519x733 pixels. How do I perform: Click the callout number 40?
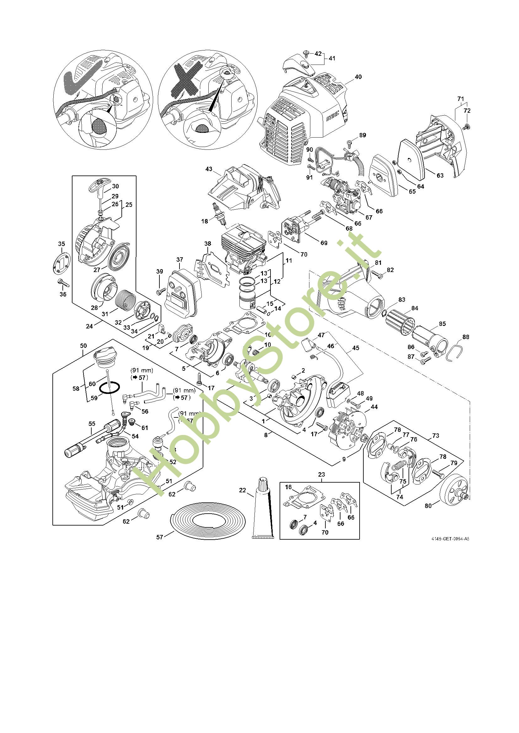[x=358, y=77]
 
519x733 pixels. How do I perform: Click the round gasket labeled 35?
[x=62, y=262]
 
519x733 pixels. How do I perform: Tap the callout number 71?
[x=461, y=99]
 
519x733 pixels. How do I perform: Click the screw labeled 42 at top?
[x=307, y=53]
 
